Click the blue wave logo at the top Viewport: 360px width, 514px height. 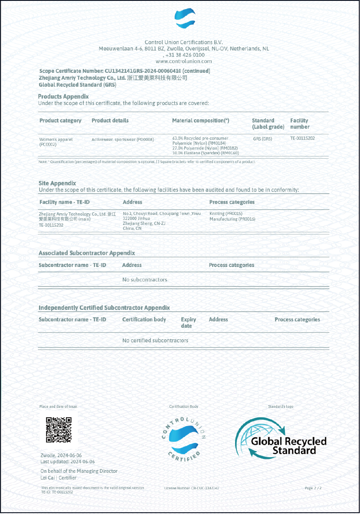point(185,20)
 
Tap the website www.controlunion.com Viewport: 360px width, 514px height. point(183,62)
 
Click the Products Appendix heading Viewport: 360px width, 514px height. point(63,96)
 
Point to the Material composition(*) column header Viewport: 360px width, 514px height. point(200,120)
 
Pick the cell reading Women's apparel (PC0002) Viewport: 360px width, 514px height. point(56,142)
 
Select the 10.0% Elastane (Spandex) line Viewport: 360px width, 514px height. point(200,153)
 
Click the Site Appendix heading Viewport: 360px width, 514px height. point(57,183)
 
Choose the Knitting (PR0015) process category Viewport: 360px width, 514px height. point(226,214)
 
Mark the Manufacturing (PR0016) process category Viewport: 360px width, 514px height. point(232,219)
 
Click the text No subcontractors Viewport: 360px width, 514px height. point(144,280)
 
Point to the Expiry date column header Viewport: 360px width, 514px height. point(188,322)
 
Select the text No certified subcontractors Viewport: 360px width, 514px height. point(155,340)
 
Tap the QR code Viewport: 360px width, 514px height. point(59,429)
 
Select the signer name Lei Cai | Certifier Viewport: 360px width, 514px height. point(58,478)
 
